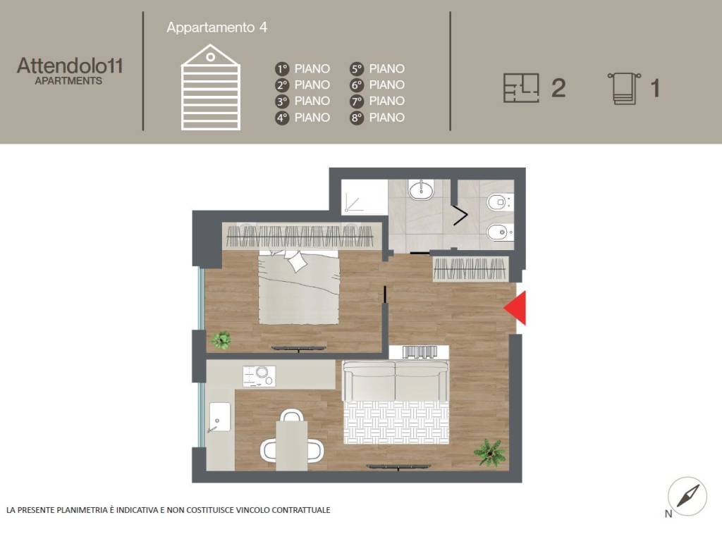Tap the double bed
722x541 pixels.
point(299,287)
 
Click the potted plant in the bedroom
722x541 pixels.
point(221,340)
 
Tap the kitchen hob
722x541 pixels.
point(259,376)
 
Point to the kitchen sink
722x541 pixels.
point(220,417)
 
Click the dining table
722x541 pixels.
point(291,445)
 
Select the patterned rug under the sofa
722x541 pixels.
point(396,423)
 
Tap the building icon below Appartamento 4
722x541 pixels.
point(210,87)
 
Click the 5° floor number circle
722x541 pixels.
point(356,69)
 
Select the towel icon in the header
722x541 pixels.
point(625,88)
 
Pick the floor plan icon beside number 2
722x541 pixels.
point(521,87)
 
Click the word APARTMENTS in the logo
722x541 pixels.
point(68,81)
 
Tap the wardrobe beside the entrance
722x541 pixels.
point(470,268)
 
